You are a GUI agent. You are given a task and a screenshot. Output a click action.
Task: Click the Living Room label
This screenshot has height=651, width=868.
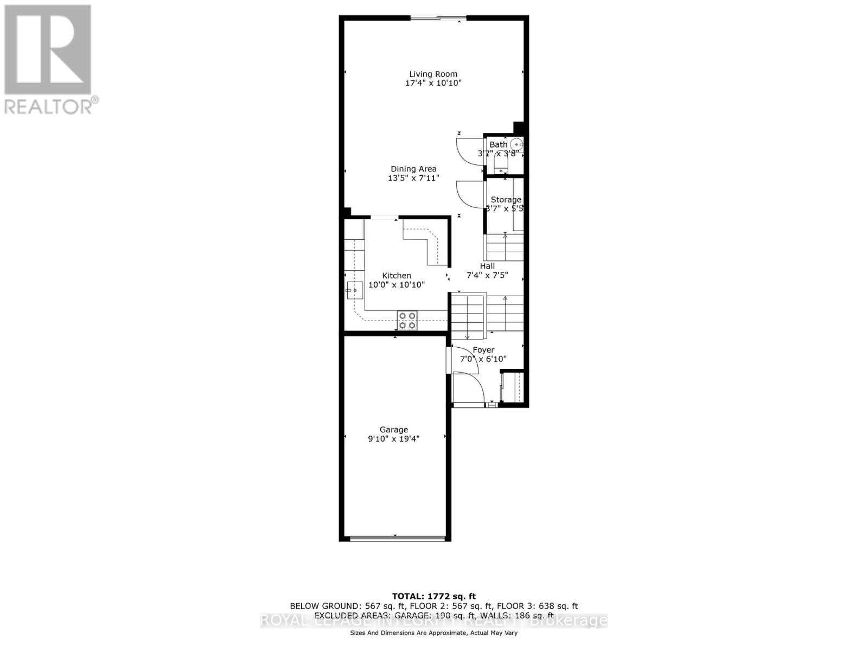tap(433, 74)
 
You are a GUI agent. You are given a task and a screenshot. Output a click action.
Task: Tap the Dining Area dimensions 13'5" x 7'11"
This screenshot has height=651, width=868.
tap(413, 178)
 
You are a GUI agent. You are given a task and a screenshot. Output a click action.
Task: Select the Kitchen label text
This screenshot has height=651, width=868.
tap(397, 276)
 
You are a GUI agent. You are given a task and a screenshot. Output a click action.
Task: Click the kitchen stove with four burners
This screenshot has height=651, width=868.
tap(407, 321)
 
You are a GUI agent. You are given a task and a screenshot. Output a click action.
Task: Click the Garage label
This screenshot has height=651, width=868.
tap(393, 430)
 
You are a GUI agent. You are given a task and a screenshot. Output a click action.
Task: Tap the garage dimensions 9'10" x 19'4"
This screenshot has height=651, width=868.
tap(393, 439)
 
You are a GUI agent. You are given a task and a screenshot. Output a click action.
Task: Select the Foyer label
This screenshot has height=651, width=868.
tap(483, 350)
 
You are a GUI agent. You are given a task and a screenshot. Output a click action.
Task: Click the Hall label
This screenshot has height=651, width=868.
tap(487, 266)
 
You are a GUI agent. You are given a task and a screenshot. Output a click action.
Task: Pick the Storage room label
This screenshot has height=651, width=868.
tap(506, 200)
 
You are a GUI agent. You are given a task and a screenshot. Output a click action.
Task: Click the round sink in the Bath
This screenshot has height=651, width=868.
tap(516, 145)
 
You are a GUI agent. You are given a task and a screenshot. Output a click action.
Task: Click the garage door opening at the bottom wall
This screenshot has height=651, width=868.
tap(397, 538)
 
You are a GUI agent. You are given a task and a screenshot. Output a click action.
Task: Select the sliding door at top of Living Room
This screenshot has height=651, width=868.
tap(438, 19)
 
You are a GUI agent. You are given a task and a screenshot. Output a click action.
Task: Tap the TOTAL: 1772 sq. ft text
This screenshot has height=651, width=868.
tap(433, 596)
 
